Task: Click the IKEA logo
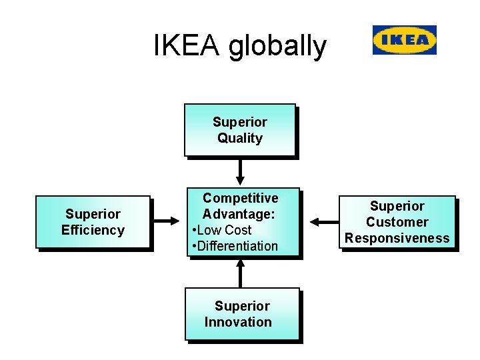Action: [404, 40]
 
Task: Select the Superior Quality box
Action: [239, 130]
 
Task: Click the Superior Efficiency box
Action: [93, 222]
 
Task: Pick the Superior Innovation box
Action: [241, 314]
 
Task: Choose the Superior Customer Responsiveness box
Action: [397, 222]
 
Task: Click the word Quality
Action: [240, 139]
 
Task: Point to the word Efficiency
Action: [93, 231]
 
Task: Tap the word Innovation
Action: [238, 323]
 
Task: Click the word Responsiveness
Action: [397, 239]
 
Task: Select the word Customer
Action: [397, 222]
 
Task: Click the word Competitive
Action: [240, 198]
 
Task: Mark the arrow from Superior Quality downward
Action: [240, 171]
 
